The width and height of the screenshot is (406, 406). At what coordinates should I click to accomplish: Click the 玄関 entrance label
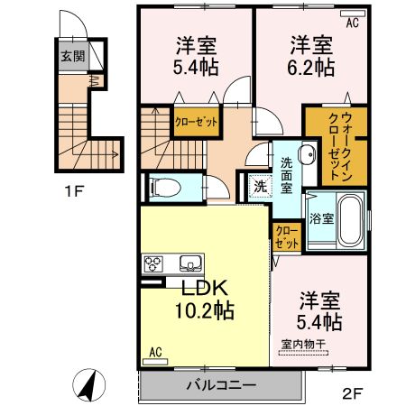(x=72, y=55)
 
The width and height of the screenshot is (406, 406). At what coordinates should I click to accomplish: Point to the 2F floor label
(x=353, y=392)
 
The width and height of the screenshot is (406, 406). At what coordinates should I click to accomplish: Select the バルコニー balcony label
(x=221, y=384)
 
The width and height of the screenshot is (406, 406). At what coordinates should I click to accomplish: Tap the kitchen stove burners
(x=152, y=264)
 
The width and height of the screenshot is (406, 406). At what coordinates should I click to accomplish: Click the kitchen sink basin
(x=190, y=264)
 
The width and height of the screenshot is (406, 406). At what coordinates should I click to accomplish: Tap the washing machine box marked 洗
(x=258, y=188)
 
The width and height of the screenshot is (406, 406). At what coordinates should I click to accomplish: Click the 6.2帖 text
(x=312, y=68)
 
